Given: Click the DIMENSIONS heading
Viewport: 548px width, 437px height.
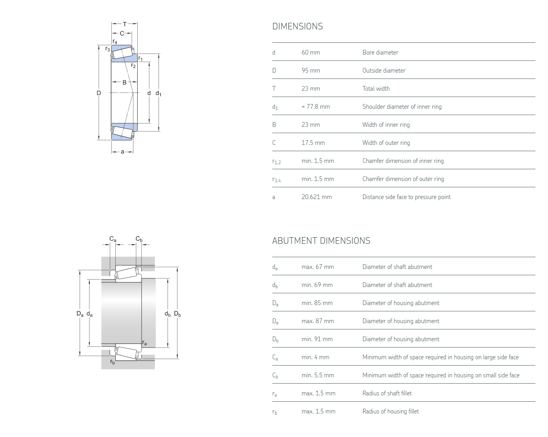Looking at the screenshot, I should (297, 26).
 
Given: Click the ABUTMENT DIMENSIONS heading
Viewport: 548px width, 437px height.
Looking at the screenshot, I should (321, 241).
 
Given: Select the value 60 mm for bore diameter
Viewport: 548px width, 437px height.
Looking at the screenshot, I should (311, 53).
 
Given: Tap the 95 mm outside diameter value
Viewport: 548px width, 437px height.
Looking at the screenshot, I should (311, 71).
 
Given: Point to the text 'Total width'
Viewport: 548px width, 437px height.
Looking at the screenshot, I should (376, 89).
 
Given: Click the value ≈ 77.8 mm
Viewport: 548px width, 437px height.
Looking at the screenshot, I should (316, 107).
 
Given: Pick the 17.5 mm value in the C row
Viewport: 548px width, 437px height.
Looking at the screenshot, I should (313, 143).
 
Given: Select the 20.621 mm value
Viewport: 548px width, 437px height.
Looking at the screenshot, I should (317, 197).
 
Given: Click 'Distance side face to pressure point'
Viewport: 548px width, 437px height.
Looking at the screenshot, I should (406, 197).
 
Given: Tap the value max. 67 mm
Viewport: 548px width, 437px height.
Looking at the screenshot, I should (318, 267).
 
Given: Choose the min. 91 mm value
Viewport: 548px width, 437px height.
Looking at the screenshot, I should (317, 339).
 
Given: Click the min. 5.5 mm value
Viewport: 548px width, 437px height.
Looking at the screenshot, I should (318, 375).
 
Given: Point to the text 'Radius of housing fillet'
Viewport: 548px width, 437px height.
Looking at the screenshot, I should (390, 411).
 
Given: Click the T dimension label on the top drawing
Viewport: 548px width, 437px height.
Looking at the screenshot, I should (125, 24).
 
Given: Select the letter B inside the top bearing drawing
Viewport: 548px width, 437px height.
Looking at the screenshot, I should (124, 82).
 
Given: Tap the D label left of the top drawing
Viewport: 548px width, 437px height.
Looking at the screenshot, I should (99, 93).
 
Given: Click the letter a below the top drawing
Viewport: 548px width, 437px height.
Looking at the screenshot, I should (122, 152).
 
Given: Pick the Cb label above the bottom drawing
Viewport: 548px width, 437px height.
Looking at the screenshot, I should (139, 239).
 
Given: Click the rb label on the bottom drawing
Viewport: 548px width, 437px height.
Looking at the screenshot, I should (113, 362).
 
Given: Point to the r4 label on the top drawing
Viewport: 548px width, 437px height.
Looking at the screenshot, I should (115, 42).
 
